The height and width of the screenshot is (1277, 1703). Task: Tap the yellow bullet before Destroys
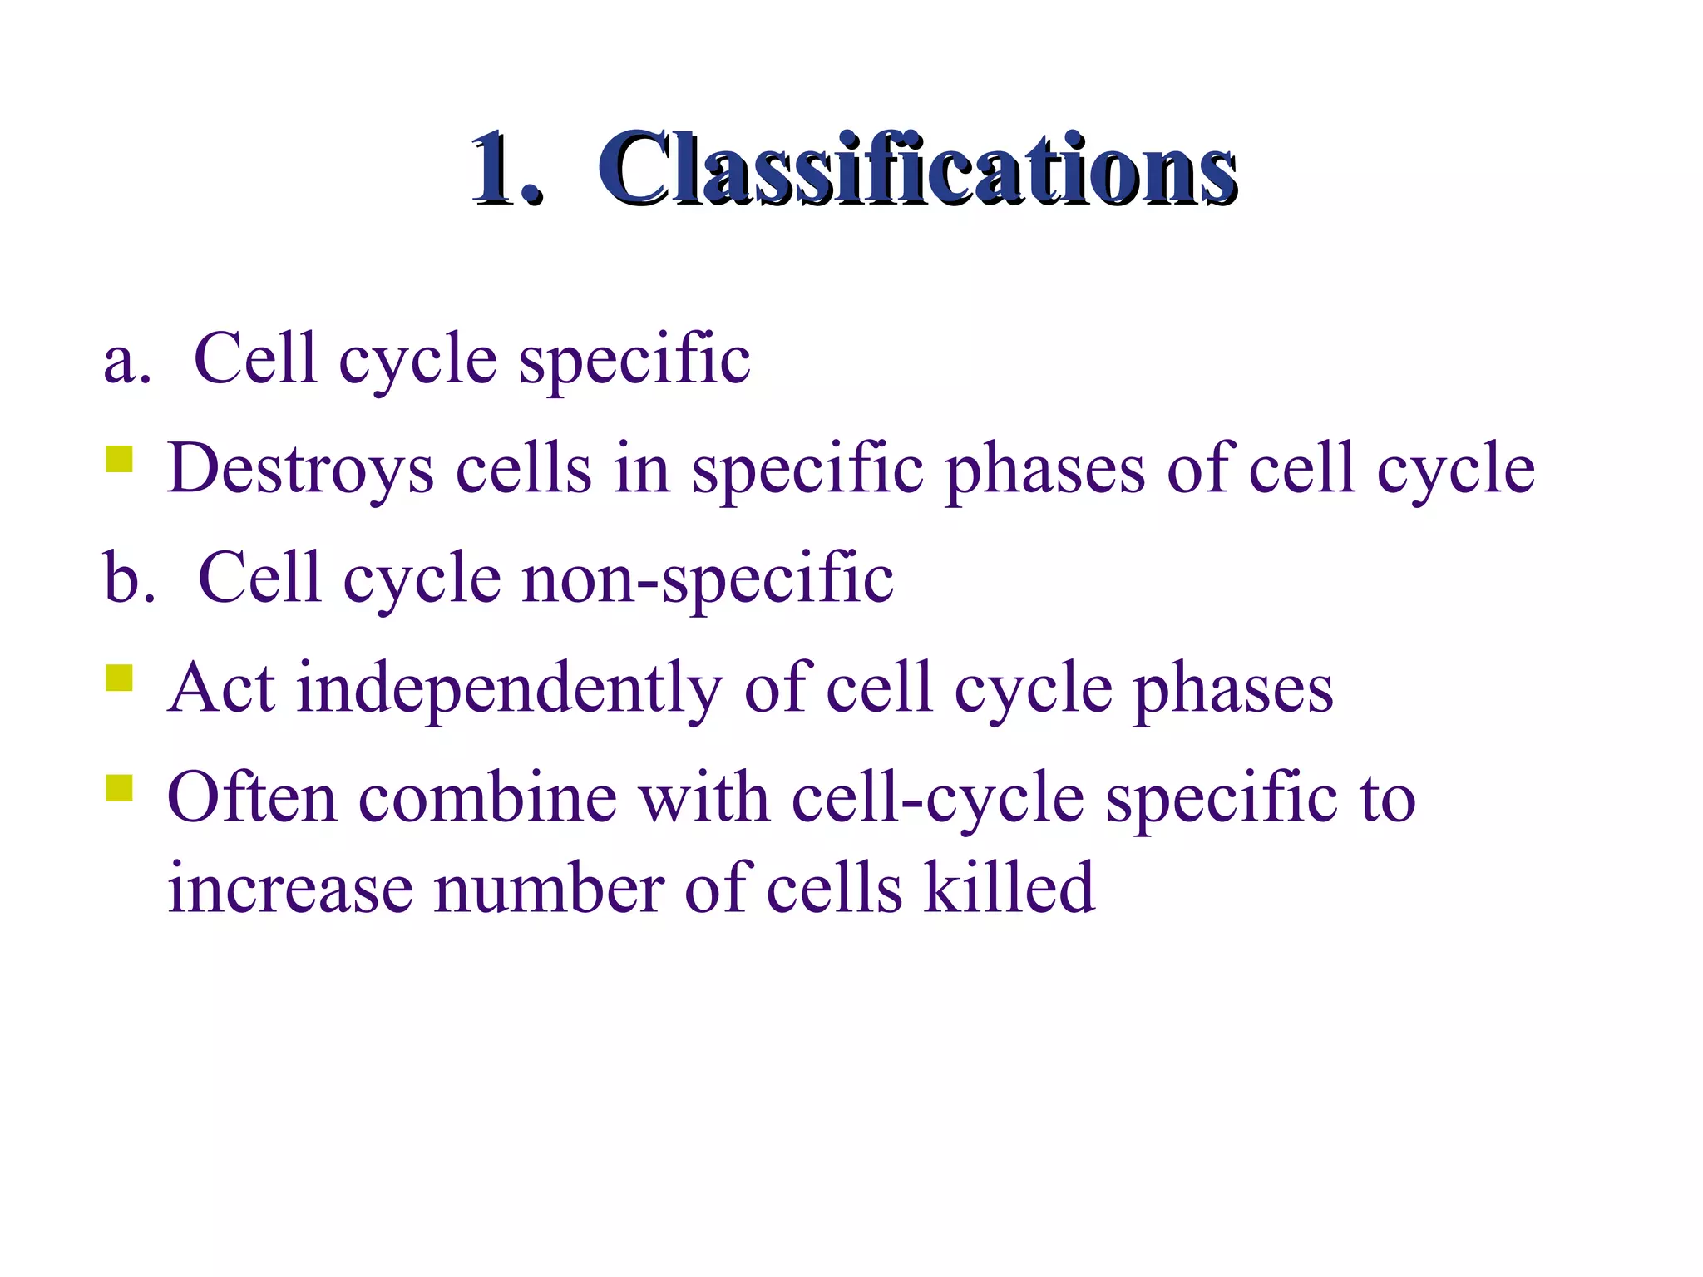(120, 460)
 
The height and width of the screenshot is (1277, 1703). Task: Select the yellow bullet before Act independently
(120, 678)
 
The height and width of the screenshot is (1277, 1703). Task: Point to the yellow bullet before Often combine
(120, 787)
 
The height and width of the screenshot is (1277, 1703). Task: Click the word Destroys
(300, 470)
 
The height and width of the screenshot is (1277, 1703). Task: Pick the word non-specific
(708, 578)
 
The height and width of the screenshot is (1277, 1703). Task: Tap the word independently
(510, 689)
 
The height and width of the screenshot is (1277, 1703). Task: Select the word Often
(252, 797)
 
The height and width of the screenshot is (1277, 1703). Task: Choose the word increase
(289, 889)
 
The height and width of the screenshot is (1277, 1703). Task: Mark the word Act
(221, 689)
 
